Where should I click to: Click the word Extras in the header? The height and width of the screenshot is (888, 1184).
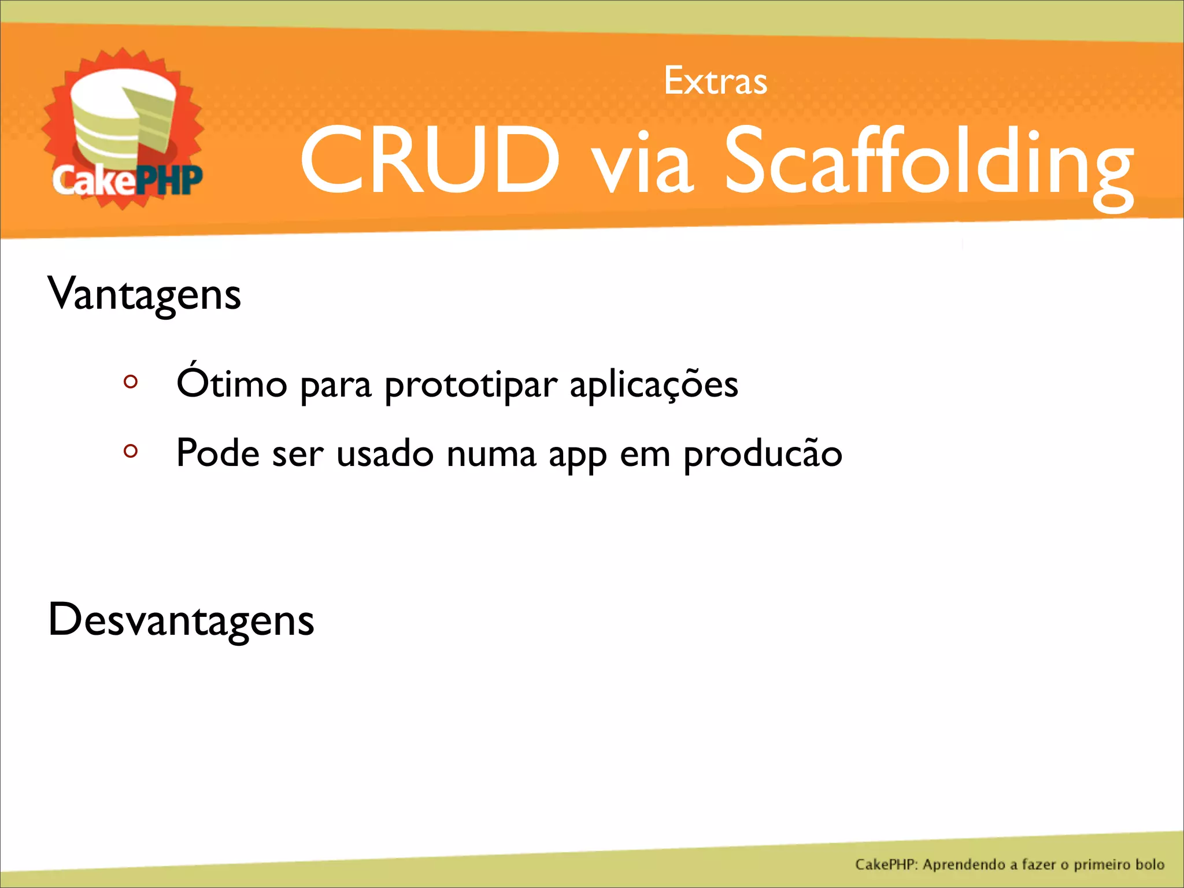click(715, 81)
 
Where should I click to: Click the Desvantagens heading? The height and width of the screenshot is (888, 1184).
click(181, 620)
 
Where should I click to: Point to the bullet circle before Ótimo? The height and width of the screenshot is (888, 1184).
click(131, 382)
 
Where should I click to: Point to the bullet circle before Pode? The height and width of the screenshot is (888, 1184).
click(131, 451)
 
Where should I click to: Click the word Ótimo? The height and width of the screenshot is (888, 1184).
click(232, 383)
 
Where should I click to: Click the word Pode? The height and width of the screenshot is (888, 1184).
click(218, 453)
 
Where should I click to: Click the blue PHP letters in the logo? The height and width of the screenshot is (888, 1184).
click(171, 180)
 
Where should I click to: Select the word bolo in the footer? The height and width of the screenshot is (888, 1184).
click(1149, 864)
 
